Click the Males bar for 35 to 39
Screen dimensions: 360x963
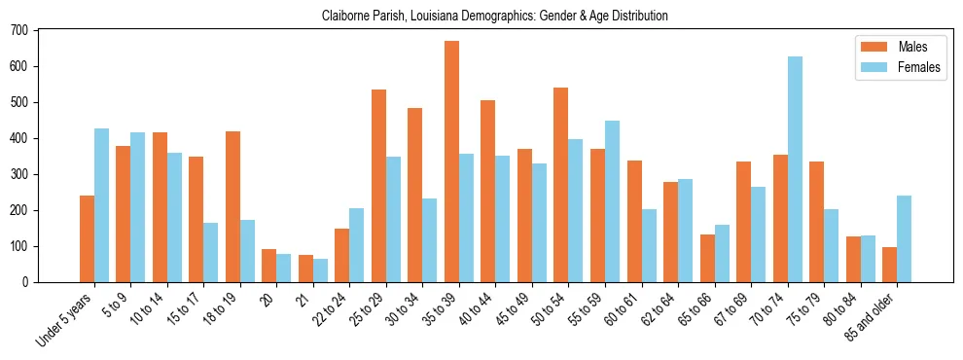[451, 162]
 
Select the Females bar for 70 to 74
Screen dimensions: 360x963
[795, 169]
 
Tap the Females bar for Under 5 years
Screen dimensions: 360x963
[101, 205]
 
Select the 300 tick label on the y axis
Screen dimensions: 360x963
[19, 174]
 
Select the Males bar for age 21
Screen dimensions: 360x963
[305, 269]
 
